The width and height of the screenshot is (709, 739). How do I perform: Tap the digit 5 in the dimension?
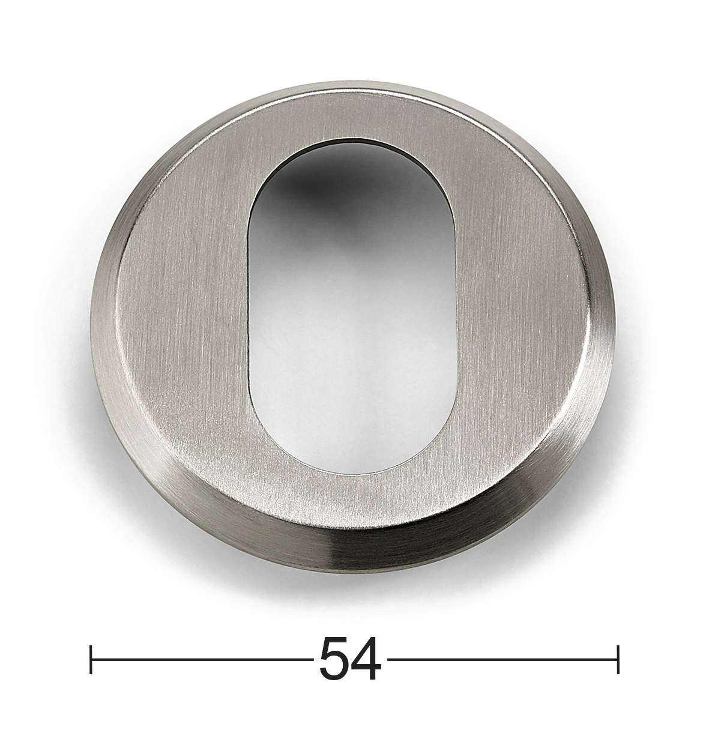pyautogui.click(x=334, y=659)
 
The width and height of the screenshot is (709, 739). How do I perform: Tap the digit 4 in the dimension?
pyautogui.click(x=366, y=659)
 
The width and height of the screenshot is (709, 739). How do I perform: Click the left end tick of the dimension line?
pyautogui.click(x=91, y=659)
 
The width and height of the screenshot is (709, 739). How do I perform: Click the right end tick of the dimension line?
pyautogui.click(x=618, y=659)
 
